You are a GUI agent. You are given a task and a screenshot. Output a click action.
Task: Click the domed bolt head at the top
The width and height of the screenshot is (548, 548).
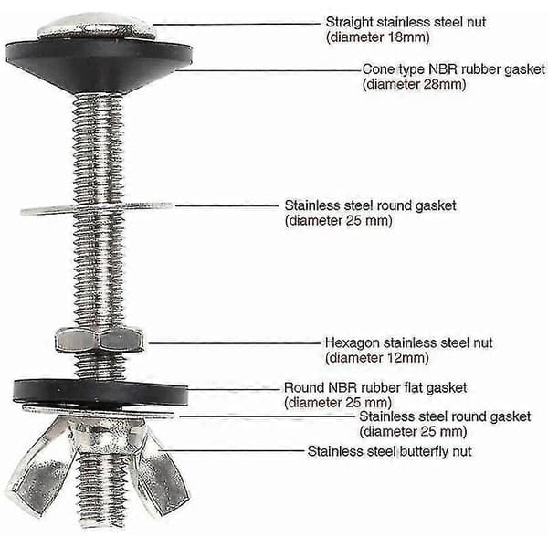(x=97, y=26)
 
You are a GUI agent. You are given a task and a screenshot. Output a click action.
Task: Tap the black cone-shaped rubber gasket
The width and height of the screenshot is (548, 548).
(x=99, y=65)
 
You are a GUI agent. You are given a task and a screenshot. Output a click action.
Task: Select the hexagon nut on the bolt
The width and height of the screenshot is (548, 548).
(x=100, y=340)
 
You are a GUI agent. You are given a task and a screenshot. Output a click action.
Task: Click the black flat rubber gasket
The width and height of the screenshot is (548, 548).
(x=100, y=393)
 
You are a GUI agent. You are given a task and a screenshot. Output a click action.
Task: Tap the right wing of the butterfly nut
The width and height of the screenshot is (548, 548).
(x=159, y=473)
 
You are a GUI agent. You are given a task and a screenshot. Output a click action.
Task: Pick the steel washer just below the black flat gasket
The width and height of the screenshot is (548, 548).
(x=99, y=411)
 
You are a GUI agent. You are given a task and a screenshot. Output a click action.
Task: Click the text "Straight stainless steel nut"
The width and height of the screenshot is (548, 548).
(x=406, y=22)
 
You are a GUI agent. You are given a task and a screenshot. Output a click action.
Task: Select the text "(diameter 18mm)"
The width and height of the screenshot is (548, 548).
(x=378, y=37)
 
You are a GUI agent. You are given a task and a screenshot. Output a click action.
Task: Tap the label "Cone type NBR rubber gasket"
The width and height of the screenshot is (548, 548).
(x=454, y=69)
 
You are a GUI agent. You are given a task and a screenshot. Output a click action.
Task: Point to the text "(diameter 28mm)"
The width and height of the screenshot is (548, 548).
(x=414, y=84)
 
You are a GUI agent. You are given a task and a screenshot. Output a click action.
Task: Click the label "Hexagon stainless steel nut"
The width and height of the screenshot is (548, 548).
(x=408, y=342)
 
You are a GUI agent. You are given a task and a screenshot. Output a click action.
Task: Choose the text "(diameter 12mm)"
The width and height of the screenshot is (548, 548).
(x=377, y=358)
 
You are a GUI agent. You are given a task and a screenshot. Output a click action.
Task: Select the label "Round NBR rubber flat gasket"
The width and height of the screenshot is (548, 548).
(x=375, y=387)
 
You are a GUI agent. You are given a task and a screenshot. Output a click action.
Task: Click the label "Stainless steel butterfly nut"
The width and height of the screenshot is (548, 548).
(x=389, y=451)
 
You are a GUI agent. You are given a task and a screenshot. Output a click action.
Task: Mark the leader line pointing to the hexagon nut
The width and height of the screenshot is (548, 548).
(x=235, y=343)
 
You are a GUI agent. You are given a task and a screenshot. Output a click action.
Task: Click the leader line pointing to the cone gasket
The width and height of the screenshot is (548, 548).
(x=269, y=70)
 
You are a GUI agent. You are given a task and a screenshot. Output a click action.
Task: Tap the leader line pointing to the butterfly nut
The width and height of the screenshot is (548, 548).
(x=231, y=450)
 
